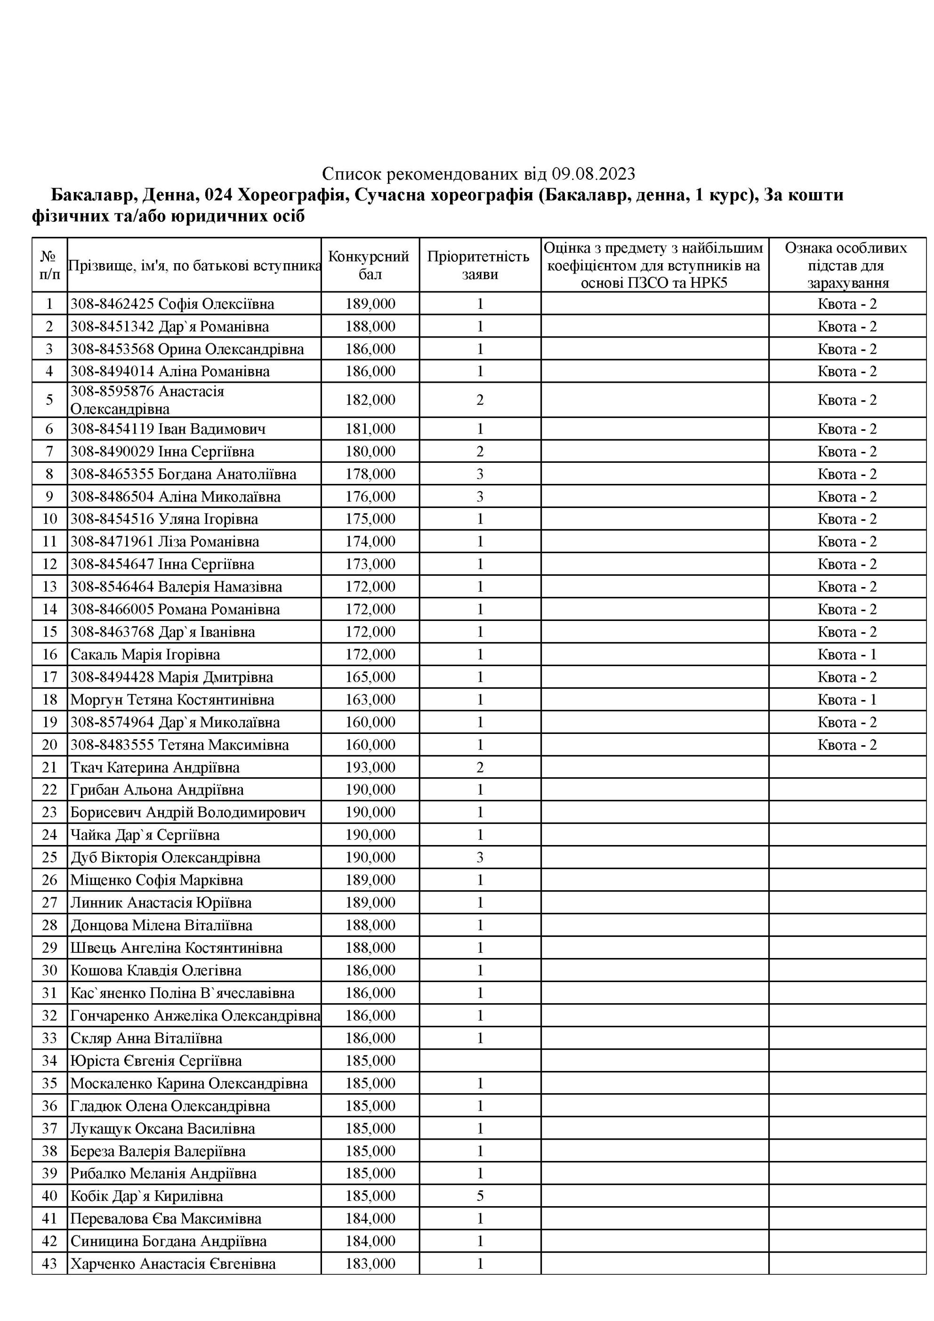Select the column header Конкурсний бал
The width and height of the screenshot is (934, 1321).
point(370,265)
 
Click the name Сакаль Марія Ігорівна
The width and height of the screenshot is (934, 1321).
point(145,654)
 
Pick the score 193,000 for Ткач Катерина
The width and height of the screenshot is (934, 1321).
point(370,767)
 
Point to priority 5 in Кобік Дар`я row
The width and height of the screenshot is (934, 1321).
point(480,1196)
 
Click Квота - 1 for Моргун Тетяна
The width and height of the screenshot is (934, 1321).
point(846,700)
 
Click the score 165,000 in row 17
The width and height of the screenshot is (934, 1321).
point(370,677)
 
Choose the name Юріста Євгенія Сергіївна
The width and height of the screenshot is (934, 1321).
point(156,1060)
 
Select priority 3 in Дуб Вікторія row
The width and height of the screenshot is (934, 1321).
point(480,857)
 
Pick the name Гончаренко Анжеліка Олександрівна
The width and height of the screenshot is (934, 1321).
point(194,1015)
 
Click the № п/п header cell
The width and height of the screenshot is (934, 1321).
point(49,265)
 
